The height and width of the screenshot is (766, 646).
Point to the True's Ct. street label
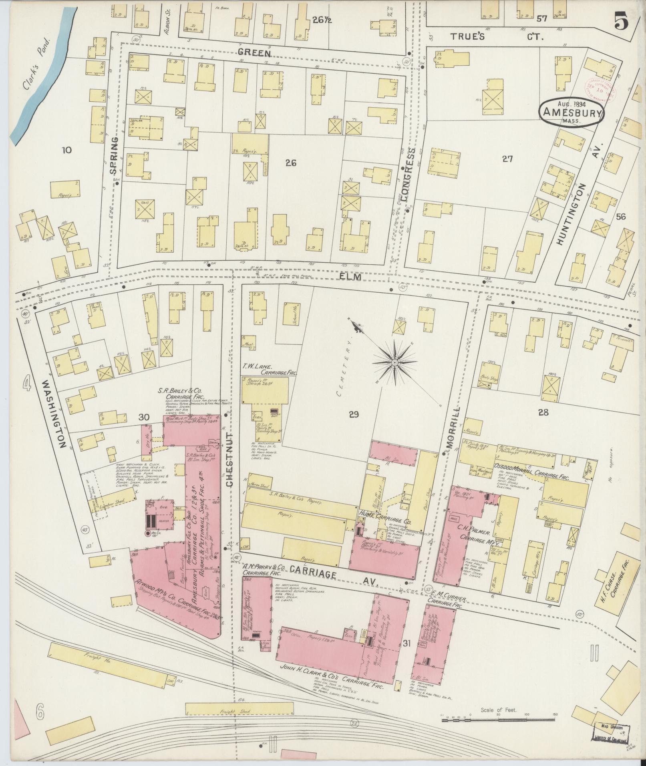click(x=497, y=37)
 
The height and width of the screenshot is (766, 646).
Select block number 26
click(x=291, y=163)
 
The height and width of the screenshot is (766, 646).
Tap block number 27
click(x=507, y=159)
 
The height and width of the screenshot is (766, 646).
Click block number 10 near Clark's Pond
click(x=66, y=150)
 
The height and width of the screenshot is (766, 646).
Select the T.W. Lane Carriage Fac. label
click(x=269, y=369)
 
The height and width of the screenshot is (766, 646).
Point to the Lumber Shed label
click(x=113, y=501)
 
